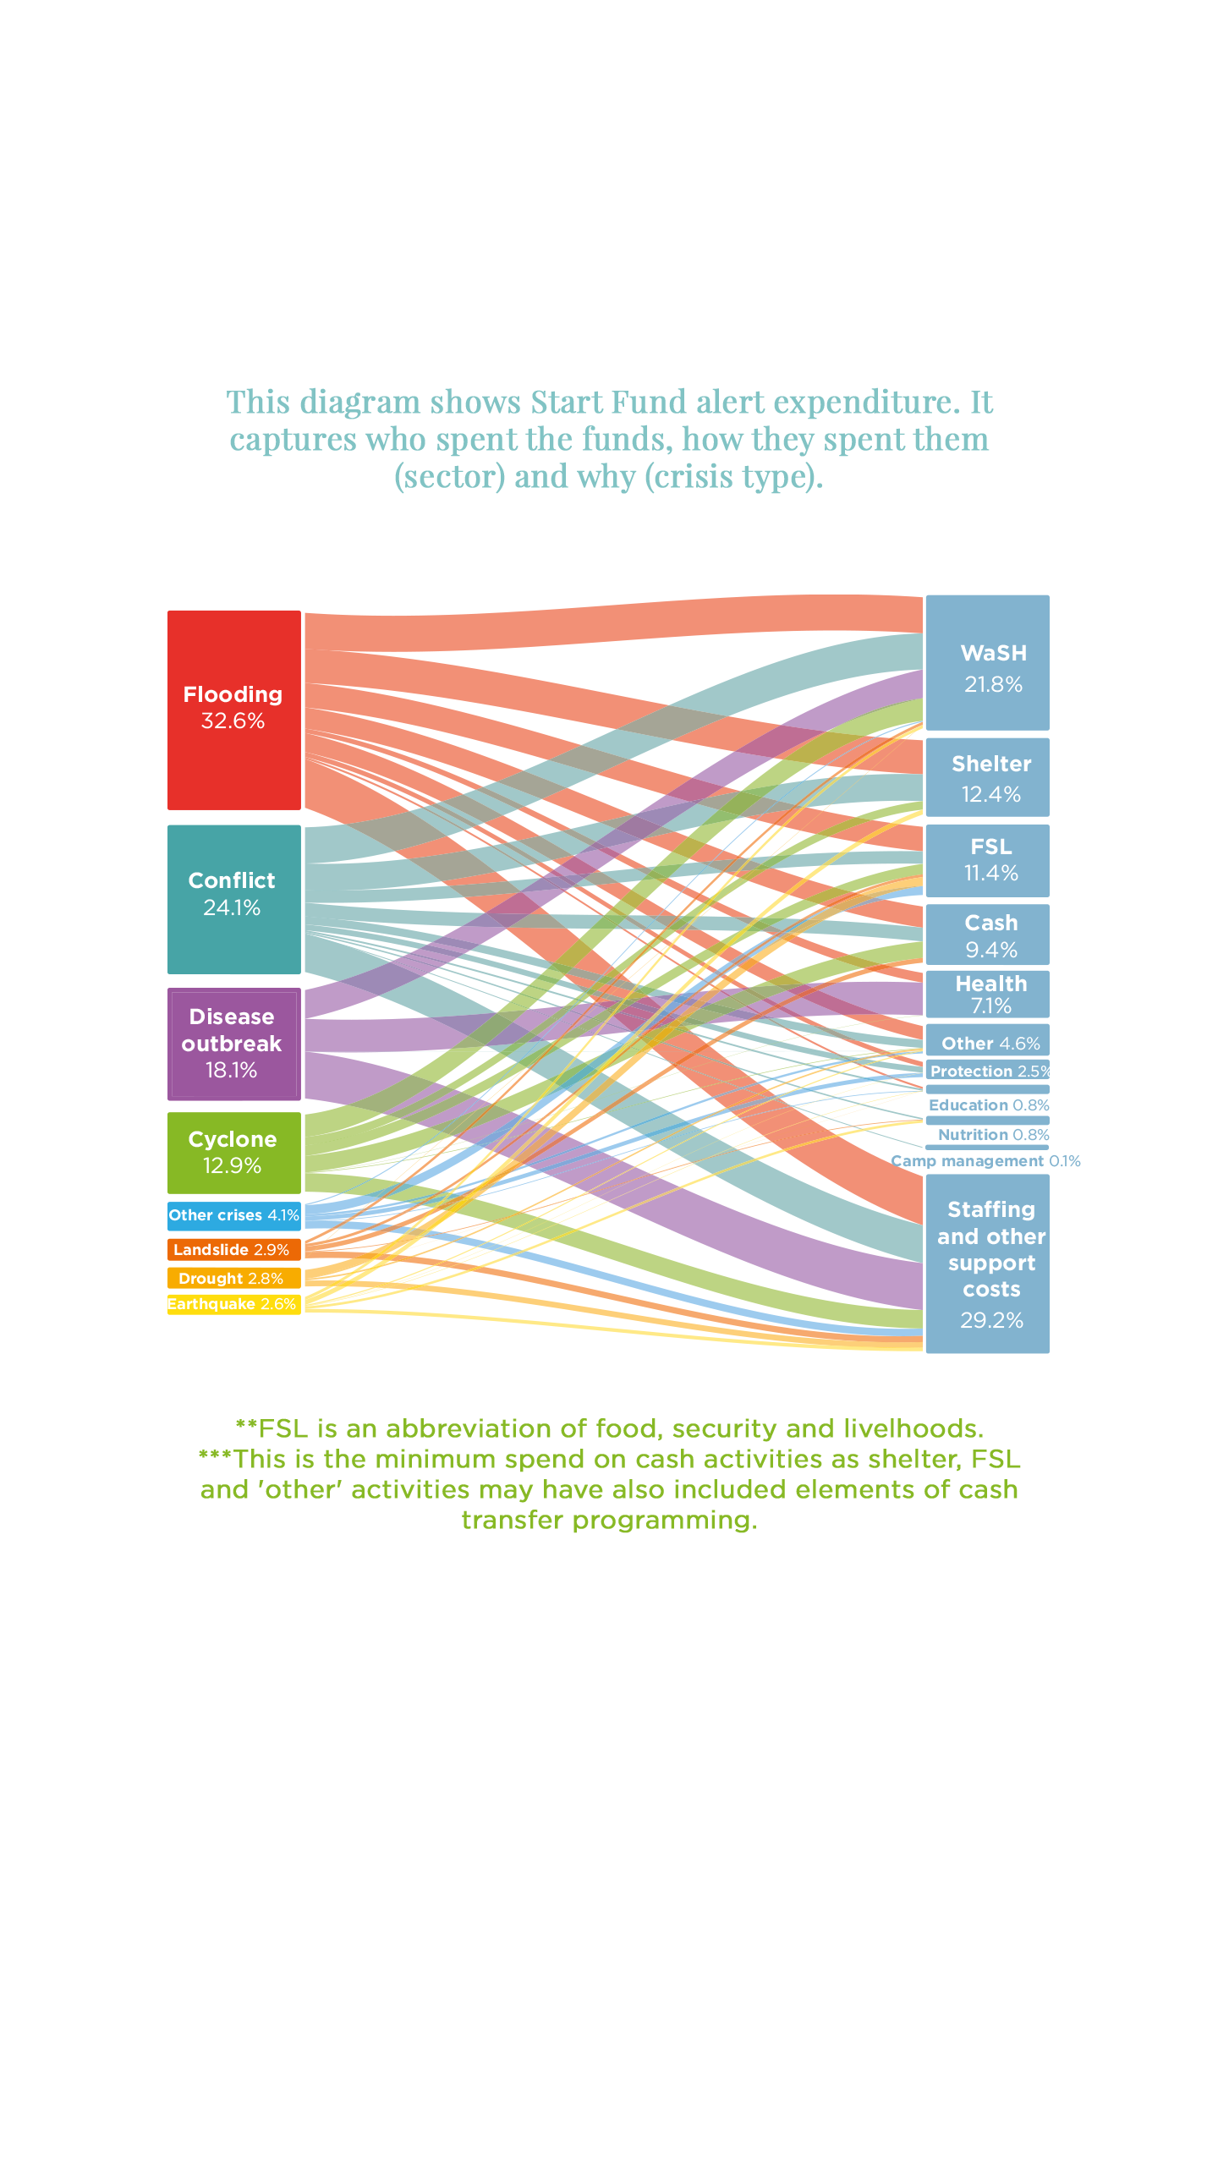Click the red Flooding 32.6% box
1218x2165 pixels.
[234, 710]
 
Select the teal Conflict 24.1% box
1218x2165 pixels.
[234, 899]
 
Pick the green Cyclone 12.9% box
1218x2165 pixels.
[234, 1153]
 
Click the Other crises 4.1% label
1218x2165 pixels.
[234, 1215]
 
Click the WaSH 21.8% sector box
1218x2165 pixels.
[988, 663]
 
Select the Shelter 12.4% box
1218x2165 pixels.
[988, 777]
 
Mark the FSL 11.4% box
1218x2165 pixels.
[988, 860]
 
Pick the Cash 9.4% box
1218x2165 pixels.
[988, 935]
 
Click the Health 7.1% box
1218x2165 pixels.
[988, 994]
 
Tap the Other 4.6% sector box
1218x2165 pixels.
[988, 1042]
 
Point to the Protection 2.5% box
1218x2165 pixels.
[988, 1071]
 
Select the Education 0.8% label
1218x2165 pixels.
[988, 1105]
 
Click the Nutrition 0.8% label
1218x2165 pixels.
[993, 1135]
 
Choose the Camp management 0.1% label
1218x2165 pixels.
[985, 1161]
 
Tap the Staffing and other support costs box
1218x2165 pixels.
[988, 1263]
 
